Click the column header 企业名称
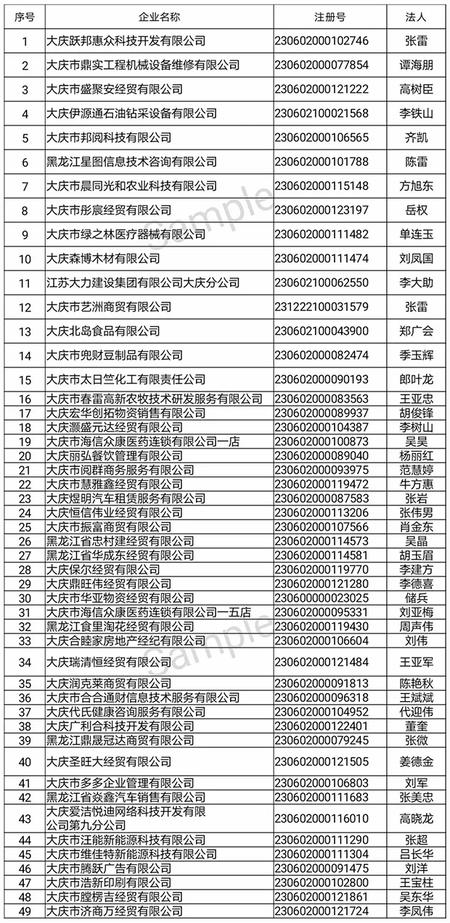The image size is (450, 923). click(x=158, y=17)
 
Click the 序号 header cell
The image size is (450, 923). click(x=25, y=17)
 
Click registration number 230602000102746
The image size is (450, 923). click(x=322, y=41)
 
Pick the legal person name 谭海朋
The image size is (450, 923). click(x=417, y=65)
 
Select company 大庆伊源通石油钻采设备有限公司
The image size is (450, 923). click(x=131, y=114)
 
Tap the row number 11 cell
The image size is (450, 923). click(x=25, y=283)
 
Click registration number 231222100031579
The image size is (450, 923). click(x=322, y=307)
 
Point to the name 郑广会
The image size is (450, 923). click(x=417, y=331)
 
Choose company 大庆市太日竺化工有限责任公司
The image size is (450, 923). click(x=125, y=379)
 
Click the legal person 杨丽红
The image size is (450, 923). click(x=417, y=456)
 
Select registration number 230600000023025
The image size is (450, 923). click(x=322, y=598)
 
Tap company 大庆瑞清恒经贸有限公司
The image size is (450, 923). click(x=108, y=662)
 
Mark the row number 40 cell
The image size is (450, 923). click(x=25, y=761)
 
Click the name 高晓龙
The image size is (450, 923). click(x=417, y=819)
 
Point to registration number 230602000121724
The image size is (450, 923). click(x=322, y=911)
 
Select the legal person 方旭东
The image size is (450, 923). click(x=417, y=186)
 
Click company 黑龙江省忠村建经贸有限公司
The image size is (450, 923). click(x=119, y=542)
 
